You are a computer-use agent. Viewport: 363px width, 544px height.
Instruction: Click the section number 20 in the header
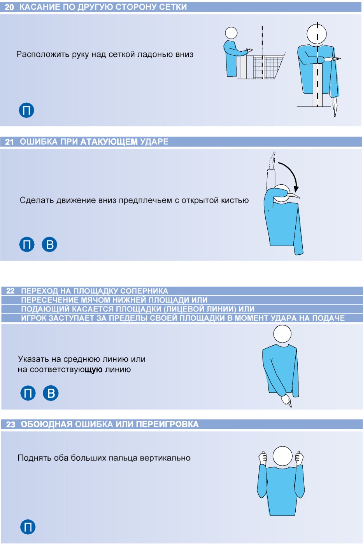(9, 7)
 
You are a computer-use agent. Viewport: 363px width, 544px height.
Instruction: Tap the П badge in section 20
(26, 110)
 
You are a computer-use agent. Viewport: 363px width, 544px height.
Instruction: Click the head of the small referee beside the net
(231, 33)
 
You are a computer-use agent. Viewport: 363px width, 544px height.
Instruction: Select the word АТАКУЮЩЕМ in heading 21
(109, 142)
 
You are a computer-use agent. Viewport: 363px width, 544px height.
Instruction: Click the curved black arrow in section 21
(290, 174)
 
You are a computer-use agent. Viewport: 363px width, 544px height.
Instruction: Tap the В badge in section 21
(49, 244)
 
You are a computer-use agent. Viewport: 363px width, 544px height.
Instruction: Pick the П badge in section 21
(27, 244)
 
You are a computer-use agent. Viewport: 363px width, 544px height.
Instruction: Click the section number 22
(10, 291)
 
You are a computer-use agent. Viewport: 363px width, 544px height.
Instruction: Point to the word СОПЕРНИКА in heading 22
(144, 291)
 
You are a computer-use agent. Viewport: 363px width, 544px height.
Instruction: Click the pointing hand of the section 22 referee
(287, 401)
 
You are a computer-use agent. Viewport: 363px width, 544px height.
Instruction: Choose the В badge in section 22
(51, 393)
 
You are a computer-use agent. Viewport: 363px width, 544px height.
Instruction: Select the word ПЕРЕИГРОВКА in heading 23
(167, 424)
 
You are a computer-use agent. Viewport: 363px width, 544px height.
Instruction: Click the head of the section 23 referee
(282, 456)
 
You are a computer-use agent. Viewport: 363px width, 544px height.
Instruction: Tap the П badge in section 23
(28, 527)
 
